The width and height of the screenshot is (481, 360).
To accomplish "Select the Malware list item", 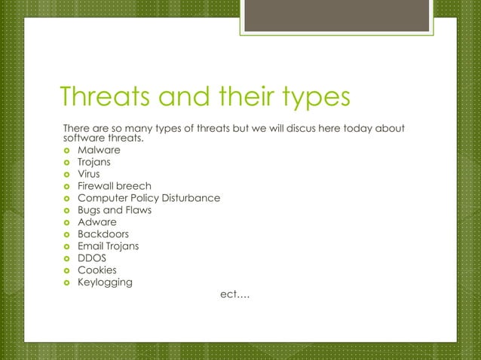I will point(99,150).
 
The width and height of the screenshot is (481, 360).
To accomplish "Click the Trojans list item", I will point(94,162).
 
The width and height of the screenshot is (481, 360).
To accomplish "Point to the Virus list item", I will point(89,174).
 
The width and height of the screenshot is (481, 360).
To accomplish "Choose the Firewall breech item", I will point(115,186).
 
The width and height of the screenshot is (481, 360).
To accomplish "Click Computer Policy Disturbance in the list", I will point(149,198).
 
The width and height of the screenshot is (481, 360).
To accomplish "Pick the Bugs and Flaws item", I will point(115,210).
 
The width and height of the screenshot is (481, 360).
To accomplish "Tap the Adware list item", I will point(97,222).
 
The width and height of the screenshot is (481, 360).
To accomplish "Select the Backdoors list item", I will point(103,234).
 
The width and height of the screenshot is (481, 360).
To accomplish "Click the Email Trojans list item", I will point(108,246).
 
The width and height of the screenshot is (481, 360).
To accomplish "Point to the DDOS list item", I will point(92,258).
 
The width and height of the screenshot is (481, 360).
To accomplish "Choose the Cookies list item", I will point(97,270).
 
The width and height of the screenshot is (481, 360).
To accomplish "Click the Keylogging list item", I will point(105,283).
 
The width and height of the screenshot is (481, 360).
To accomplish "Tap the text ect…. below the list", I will point(234,294).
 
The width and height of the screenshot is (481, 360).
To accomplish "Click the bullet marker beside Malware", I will point(66,151).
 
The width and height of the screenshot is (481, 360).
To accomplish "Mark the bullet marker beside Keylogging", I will point(66,283).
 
